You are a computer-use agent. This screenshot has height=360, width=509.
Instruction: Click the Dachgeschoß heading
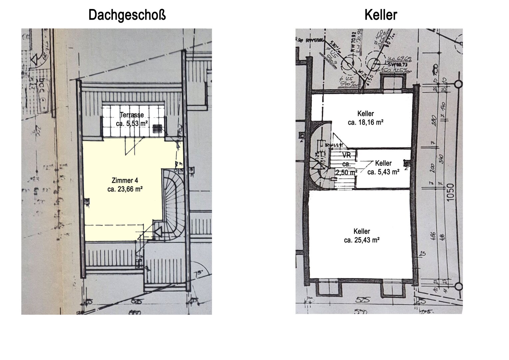[127, 15]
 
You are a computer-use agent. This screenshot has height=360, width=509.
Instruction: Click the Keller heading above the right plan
[380, 15]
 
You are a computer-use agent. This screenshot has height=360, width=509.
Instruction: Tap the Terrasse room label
[132, 115]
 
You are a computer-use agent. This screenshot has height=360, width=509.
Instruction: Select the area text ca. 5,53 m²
[132, 123]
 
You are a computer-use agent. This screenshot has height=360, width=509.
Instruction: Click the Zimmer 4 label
[125, 181]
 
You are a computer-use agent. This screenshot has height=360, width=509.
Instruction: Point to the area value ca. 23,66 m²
[125, 189]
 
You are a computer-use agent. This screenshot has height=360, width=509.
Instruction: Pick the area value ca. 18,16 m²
[365, 122]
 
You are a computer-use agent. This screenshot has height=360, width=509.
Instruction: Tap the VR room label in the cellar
[346, 155]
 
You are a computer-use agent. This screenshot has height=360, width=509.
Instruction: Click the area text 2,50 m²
[346, 172]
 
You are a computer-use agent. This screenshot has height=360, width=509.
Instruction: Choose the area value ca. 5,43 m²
[383, 172]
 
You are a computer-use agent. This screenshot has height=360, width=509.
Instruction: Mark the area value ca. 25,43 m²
[362, 240]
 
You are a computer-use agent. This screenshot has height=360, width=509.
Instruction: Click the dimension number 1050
[450, 193]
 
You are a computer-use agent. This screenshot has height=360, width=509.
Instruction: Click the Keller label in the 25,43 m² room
[362, 231]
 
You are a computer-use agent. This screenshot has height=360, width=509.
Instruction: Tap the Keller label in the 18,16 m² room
[365, 114]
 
